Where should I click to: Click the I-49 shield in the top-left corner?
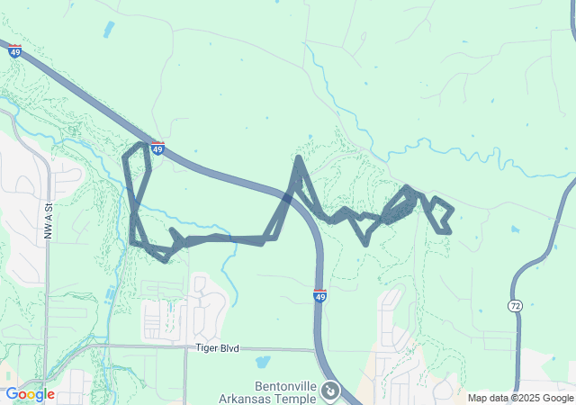point(14,51)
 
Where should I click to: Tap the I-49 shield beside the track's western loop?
point(157,148)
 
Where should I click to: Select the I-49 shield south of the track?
point(320,295)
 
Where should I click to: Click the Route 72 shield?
point(515,307)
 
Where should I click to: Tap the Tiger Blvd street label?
point(217,347)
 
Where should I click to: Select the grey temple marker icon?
point(330,391)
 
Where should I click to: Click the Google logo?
point(30,394)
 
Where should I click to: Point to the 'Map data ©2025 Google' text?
point(519,398)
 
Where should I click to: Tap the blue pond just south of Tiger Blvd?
point(262,363)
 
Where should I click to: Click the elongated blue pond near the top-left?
point(109,29)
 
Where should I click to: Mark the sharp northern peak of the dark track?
point(297,159)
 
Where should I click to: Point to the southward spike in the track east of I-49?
point(364,241)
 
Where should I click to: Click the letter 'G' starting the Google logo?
point(12,394)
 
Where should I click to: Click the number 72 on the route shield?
point(515,307)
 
